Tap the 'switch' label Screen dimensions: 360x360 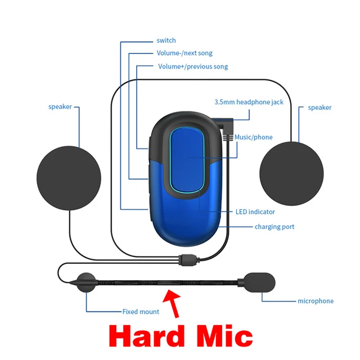166,40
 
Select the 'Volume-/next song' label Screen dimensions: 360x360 184,53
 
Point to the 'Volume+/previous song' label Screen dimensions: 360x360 192,66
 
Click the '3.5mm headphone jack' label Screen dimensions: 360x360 249,102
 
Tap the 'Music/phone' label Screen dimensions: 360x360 253,137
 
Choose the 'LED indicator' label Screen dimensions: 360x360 255,212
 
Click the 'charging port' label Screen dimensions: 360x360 274,227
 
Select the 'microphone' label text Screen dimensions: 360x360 315,301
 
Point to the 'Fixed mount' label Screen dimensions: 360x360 141,312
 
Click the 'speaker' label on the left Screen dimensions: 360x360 60,107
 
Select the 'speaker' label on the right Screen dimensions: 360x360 319,107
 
